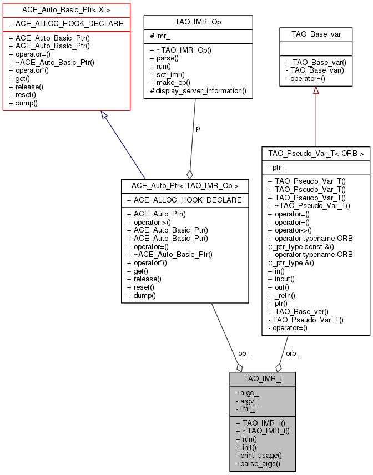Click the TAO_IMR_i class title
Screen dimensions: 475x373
pos(263,378)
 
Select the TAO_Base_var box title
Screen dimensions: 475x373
pos(316,34)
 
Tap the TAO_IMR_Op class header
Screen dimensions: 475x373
pos(198,22)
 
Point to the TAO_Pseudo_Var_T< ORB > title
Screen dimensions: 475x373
pos(316,153)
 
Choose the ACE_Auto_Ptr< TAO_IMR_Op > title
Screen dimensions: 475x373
pos(185,185)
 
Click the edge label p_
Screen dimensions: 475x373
pos(200,128)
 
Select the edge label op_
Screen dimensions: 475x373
pos(244,353)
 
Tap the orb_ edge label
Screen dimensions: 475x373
pos(293,353)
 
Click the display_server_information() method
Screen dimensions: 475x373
pos(198,90)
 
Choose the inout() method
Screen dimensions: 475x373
pos(281,279)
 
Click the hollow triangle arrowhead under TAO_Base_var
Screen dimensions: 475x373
pos(316,90)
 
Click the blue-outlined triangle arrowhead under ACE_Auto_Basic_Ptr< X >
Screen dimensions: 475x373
pos(104,114)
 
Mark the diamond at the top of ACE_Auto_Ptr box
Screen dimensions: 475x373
pos(190,174)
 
